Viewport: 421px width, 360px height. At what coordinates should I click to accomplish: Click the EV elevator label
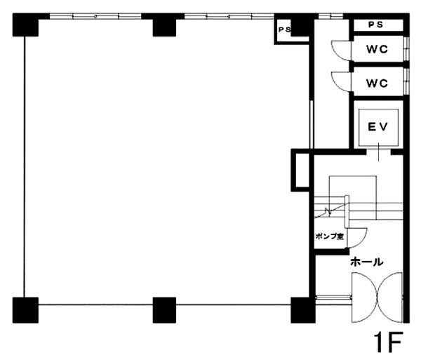(378, 127)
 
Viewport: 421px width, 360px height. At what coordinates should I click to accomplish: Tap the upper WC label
(377, 49)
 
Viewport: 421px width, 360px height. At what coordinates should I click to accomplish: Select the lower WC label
(377, 84)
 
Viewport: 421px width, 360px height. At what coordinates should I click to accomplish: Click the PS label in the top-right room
(375, 25)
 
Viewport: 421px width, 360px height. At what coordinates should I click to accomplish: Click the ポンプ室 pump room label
(330, 236)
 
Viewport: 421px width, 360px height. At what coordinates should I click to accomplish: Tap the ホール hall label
(367, 262)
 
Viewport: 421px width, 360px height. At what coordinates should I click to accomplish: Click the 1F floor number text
(389, 342)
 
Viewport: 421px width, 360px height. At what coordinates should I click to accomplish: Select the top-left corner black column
(25, 25)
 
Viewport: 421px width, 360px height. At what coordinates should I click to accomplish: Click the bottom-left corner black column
(25, 310)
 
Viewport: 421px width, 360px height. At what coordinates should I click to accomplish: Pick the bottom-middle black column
(164, 310)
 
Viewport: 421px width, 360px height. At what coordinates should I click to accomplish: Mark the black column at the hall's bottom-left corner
(303, 310)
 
